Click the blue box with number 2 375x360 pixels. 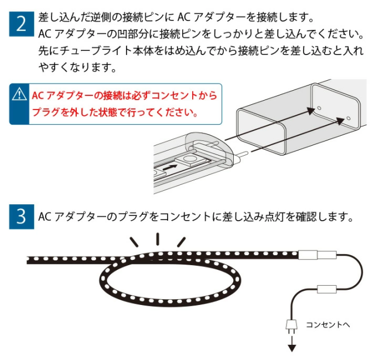pos(21,25)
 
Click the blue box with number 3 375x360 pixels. pos(21,217)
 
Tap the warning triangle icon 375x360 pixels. pos(20,94)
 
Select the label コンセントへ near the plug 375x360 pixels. pos(328,324)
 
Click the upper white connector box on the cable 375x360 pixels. pos(317,256)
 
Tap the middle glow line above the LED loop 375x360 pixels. pos(158,238)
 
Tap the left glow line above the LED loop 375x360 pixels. pos(135,241)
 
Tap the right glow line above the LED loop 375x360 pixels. pos(181,241)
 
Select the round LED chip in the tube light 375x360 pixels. pos(190,159)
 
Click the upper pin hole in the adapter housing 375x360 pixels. pos(319,108)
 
